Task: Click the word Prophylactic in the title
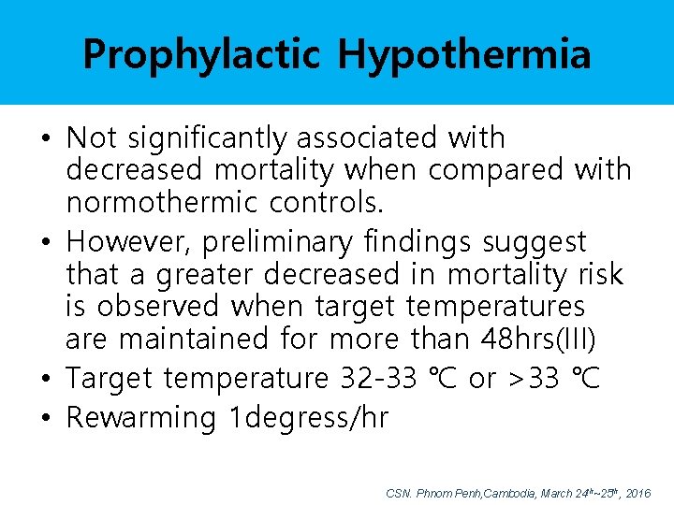pyautogui.click(x=202, y=54)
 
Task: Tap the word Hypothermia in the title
pyautogui.click(x=464, y=54)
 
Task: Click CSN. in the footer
pyautogui.click(x=397, y=492)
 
